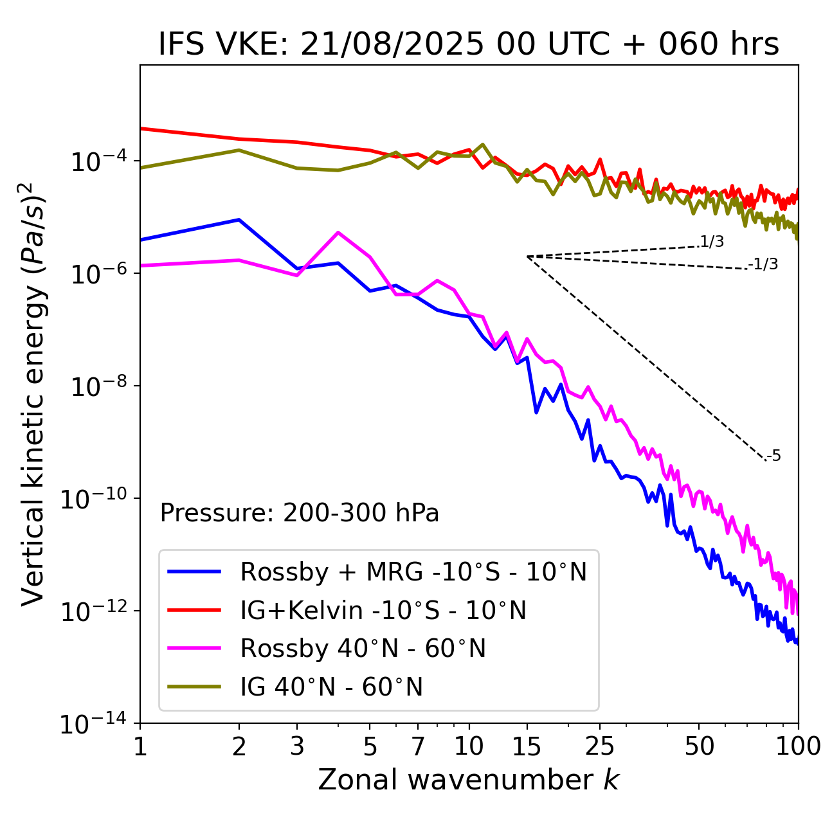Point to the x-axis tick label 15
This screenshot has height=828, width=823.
(527, 746)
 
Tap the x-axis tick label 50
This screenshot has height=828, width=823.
(699, 746)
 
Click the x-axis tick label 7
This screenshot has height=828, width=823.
(418, 746)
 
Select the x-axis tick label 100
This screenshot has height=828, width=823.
(797, 746)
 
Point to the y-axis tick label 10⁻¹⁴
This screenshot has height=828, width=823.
(93, 724)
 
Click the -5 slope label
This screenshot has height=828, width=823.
(773, 456)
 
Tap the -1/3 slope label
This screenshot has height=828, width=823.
(763, 264)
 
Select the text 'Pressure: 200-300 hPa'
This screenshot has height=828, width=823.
(300, 513)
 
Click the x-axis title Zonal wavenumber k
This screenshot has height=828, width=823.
(468, 780)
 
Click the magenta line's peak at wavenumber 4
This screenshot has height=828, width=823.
(338, 233)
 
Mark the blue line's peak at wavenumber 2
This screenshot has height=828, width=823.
(239, 220)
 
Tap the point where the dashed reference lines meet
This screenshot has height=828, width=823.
(527, 256)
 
